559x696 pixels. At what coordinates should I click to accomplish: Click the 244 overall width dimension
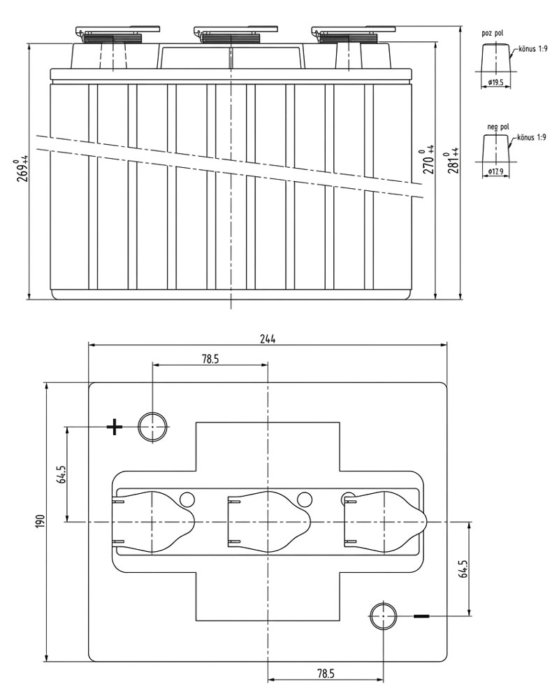point(268,338)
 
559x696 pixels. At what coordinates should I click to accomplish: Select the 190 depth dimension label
point(40,521)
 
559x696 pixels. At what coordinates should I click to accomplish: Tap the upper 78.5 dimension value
point(210,358)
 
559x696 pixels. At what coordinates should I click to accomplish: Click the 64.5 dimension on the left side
point(61,474)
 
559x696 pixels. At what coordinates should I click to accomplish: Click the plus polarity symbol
point(114,426)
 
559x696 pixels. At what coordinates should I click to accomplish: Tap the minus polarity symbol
point(422,616)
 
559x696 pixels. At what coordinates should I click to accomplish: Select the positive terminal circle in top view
point(152,426)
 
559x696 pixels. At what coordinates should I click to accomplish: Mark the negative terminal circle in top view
point(383,616)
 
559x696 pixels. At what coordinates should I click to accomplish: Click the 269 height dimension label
point(24,169)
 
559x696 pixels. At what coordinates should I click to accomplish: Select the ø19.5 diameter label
point(496,82)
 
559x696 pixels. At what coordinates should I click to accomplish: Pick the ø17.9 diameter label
point(496,171)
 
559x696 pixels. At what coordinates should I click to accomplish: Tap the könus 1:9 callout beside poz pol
point(532,50)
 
